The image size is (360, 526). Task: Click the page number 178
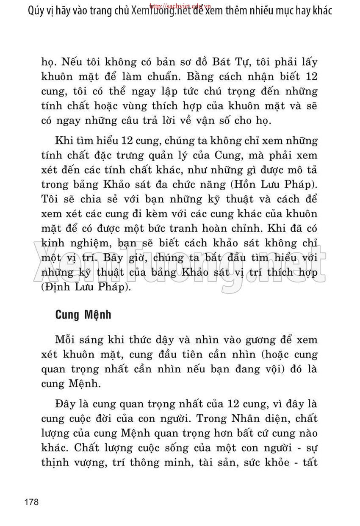[32, 502]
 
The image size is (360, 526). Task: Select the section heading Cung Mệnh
[83, 316]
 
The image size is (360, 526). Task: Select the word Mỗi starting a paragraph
[66, 340]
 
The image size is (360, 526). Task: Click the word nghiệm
[83, 244]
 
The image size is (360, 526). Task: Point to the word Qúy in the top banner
[36, 10]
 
